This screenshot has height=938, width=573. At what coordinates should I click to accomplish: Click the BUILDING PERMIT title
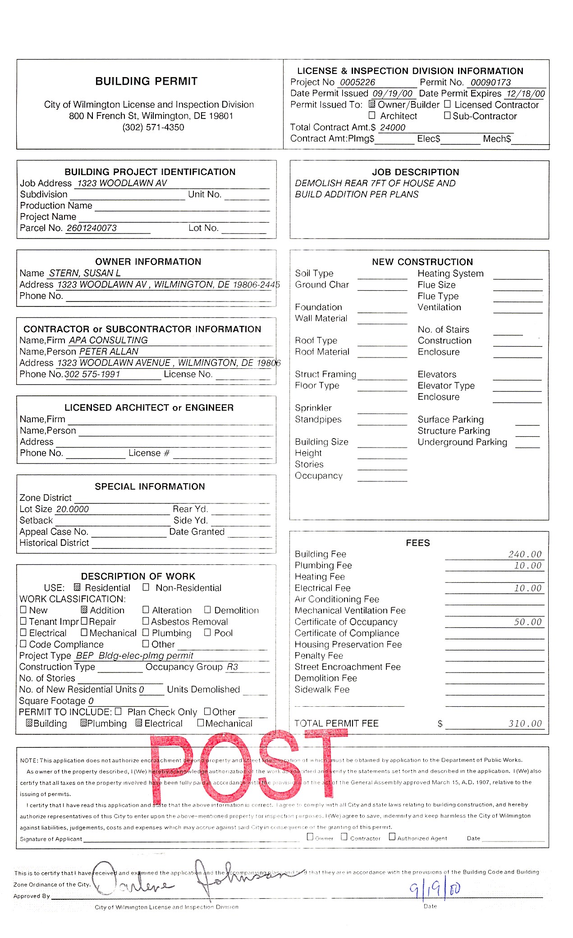click(146, 81)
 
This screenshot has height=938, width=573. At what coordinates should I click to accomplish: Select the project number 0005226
click(358, 82)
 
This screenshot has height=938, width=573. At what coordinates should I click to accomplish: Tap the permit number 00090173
click(490, 82)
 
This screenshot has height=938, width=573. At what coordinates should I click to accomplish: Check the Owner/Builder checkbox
click(372, 104)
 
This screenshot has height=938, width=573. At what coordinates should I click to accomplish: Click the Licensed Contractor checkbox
click(447, 104)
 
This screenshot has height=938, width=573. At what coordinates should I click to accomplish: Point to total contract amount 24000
click(393, 128)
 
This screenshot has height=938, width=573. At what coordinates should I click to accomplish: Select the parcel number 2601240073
click(92, 228)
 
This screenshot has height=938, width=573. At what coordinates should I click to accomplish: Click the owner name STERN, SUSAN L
click(85, 273)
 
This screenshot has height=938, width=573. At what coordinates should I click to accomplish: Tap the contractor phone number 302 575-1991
click(92, 374)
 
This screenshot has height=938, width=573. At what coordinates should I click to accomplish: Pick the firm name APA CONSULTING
click(108, 340)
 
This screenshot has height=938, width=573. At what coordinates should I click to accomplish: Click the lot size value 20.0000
click(73, 509)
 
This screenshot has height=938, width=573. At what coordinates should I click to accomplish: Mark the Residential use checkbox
click(77, 587)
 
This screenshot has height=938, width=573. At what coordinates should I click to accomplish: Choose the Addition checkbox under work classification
click(84, 610)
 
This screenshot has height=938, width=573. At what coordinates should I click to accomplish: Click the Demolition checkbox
click(207, 610)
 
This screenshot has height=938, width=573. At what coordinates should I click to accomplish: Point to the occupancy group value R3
click(232, 667)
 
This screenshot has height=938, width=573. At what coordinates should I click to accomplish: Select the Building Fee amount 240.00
click(525, 554)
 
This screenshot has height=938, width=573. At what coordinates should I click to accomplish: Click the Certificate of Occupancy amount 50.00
click(527, 622)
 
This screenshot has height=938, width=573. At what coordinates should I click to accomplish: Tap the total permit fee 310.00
click(525, 723)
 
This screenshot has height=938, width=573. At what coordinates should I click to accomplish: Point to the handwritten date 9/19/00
click(435, 888)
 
